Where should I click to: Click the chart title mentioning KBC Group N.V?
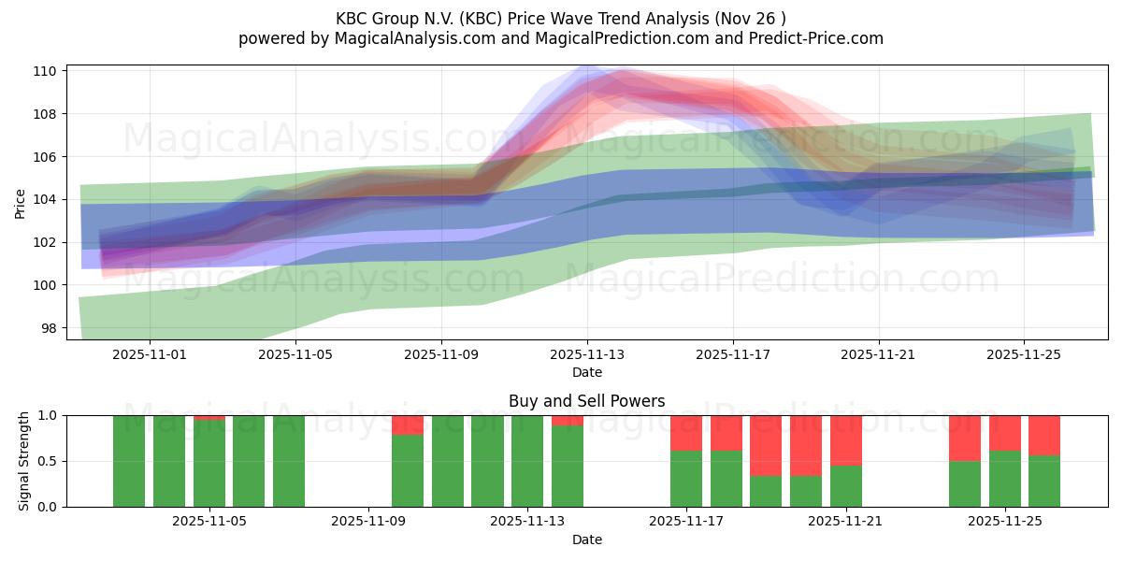(x=560, y=18)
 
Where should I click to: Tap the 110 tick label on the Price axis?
(x=47, y=71)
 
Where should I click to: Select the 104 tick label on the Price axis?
(x=47, y=199)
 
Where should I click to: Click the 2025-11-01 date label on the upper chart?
(x=150, y=354)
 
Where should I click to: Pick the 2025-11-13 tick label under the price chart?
(x=587, y=354)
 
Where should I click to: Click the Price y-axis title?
(x=20, y=202)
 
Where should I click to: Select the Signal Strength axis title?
(x=24, y=461)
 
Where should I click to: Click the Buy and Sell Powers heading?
(x=586, y=401)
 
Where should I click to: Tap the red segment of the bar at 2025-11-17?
(x=686, y=433)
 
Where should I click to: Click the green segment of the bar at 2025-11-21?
(x=846, y=486)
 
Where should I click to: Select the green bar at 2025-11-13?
(x=527, y=461)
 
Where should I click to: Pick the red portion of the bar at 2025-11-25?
(x=1005, y=433)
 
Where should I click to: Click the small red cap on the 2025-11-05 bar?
(x=209, y=417)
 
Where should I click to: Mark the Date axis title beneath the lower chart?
(x=586, y=539)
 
